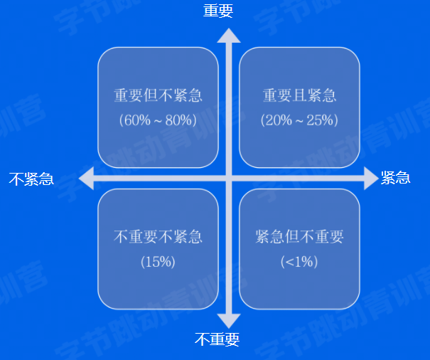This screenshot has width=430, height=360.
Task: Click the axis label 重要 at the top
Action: pyautogui.click(x=217, y=10)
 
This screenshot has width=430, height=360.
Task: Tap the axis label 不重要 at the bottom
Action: pyautogui.click(x=217, y=339)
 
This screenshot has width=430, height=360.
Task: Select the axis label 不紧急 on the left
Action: pyautogui.click(x=31, y=179)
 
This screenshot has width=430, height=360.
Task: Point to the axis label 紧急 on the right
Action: pyautogui.click(x=396, y=178)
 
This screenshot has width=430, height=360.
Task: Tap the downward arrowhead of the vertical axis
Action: pyautogui.click(x=229, y=320)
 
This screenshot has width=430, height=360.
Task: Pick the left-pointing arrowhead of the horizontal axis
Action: pyautogui.click(x=86, y=179)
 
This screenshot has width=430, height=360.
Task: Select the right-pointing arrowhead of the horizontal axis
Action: pyautogui.click(x=370, y=179)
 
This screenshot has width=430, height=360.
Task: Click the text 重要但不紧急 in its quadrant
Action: pyautogui.click(x=158, y=96)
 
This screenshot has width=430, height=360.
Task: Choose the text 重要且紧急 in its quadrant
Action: pyautogui.click(x=299, y=96)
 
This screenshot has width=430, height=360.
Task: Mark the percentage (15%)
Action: pyautogui.click(x=158, y=261)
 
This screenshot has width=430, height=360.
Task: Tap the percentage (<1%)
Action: pyautogui.click(x=299, y=261)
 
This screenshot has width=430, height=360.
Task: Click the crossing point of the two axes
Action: pyautogui.click(x=229, y=179)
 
